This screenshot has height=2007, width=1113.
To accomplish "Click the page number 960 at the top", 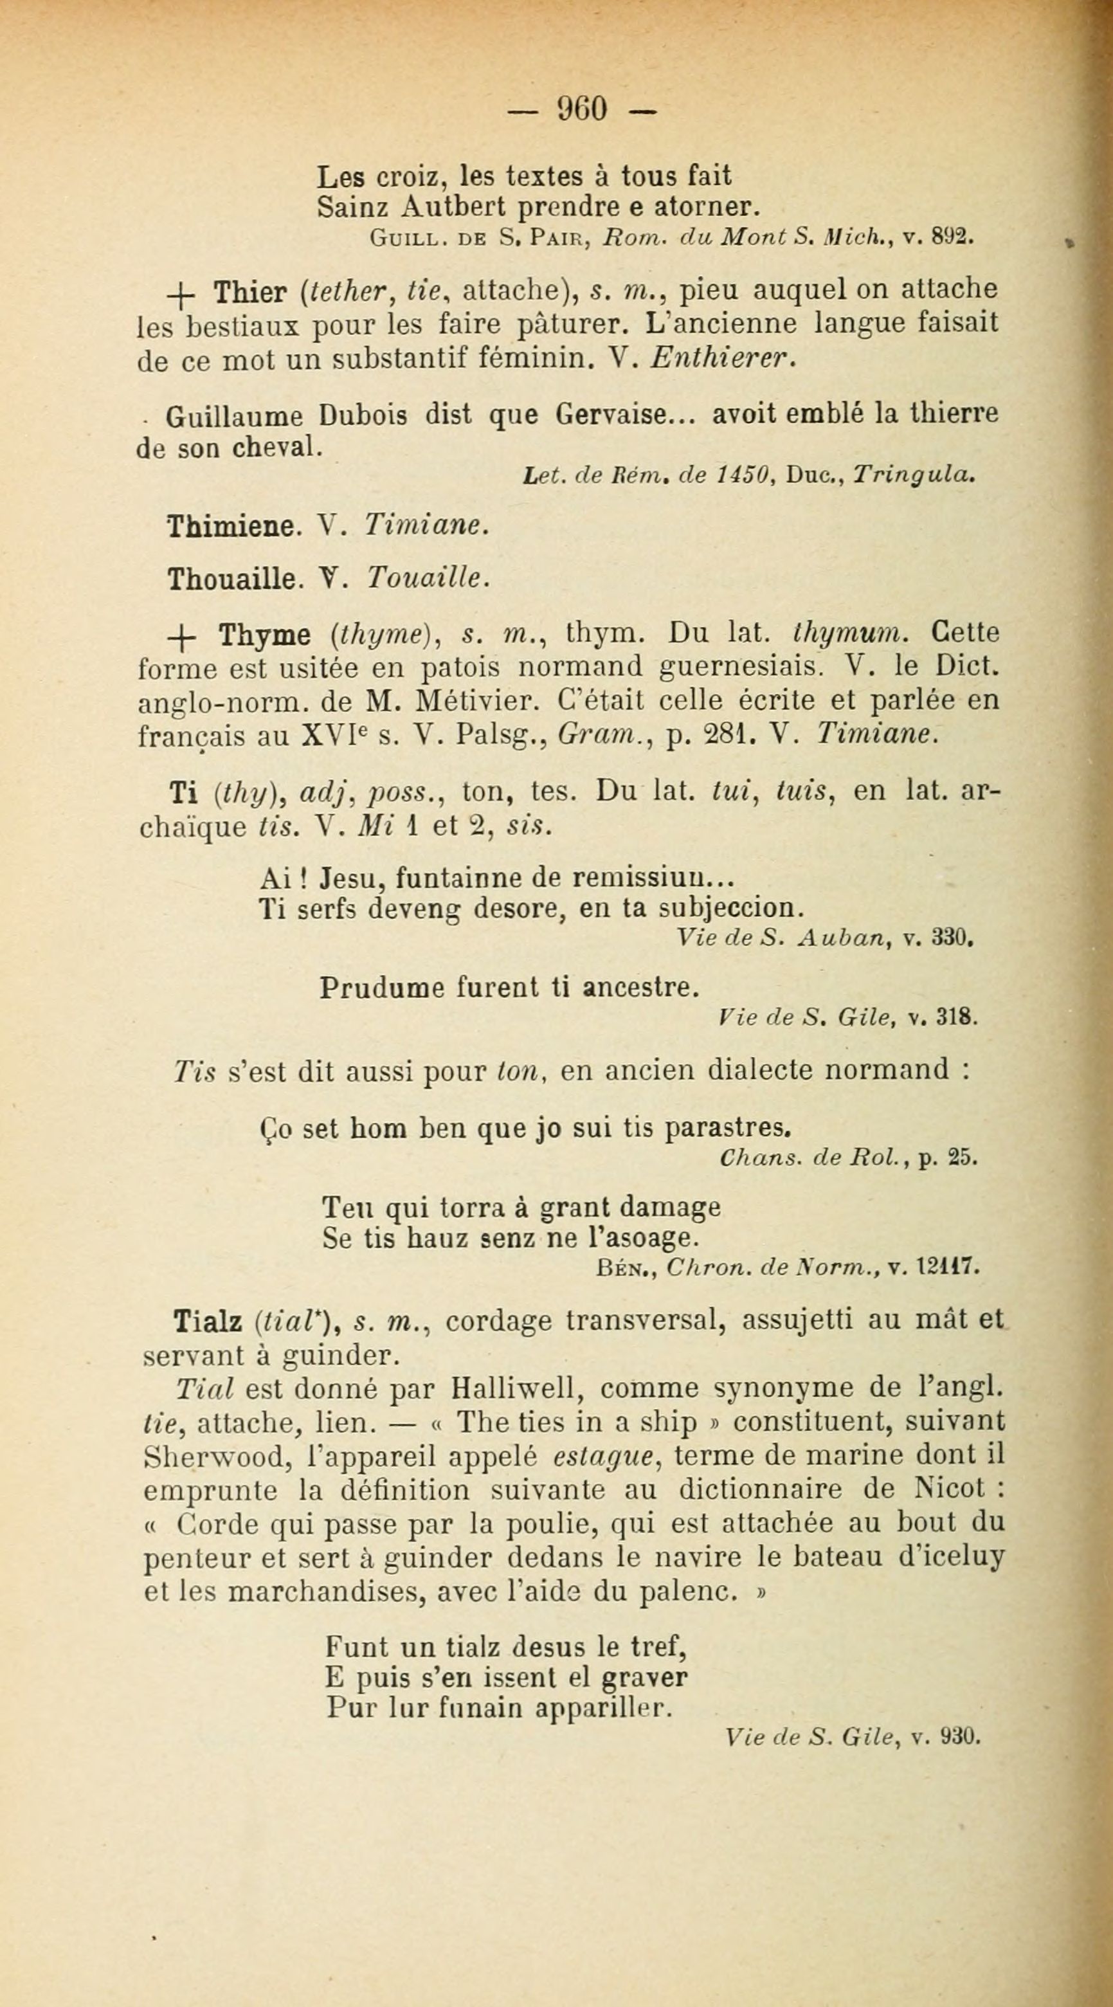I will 583,109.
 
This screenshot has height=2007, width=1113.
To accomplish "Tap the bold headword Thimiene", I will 233,527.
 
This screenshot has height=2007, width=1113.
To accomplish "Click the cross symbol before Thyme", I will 180,637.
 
